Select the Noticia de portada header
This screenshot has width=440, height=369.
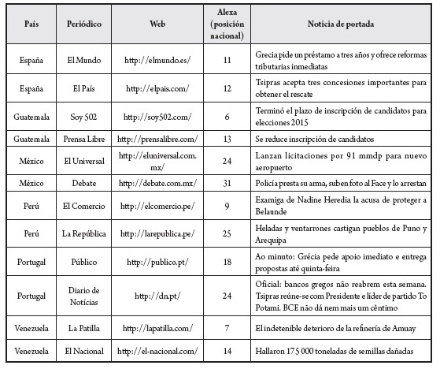342,24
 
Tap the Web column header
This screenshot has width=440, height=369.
157,24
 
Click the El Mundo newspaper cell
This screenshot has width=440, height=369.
82,58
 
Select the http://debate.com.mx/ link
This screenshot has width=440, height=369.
157,181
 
